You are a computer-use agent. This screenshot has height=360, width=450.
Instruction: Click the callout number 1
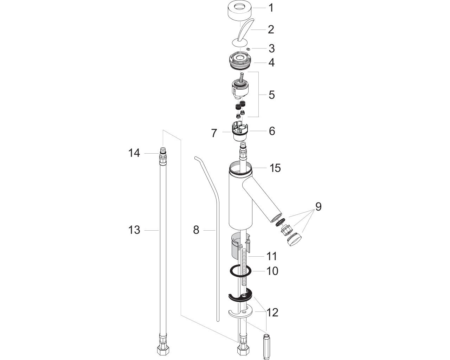tap(271, 8)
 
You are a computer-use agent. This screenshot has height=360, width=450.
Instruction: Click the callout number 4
tap(271, 63)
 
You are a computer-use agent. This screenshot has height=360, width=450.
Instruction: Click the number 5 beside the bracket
tap(271, 95)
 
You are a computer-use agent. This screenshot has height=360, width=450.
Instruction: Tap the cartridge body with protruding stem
tap(240, 87)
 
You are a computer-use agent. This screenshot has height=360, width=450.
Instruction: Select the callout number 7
tap(214, 133)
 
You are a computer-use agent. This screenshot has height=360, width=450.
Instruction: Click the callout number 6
tap(272, 131)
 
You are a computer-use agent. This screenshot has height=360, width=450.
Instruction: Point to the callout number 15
tap(275, 168)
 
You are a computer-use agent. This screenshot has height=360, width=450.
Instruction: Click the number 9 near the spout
tap(318, 207)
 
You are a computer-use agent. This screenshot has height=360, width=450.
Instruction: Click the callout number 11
tap(272, 256)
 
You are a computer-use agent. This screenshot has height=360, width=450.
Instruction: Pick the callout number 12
tap(272, 313)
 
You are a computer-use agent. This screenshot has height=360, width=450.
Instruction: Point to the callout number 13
tap(134, 230)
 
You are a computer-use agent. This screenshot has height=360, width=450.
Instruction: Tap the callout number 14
tap(134, 153)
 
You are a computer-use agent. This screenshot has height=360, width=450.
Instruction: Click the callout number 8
tap(196, 230)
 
